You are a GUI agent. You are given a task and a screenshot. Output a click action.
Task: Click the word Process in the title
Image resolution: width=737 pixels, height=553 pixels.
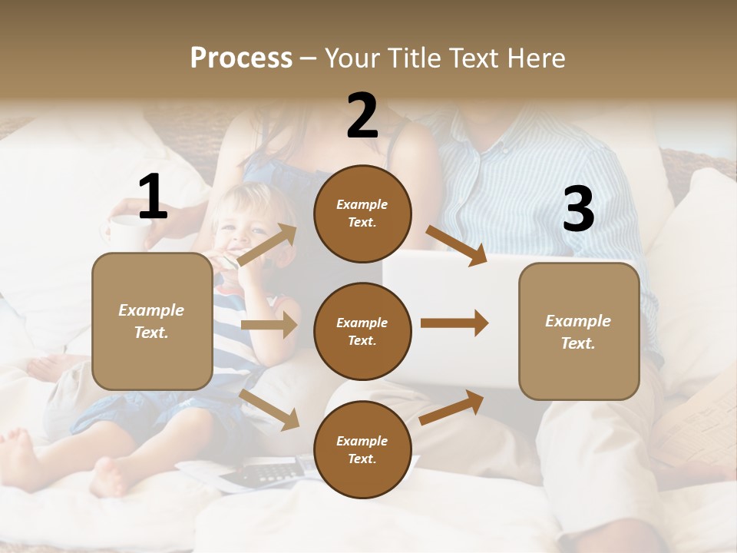coord(241,58)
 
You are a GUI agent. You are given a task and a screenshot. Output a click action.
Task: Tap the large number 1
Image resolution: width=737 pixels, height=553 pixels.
coord(153,197)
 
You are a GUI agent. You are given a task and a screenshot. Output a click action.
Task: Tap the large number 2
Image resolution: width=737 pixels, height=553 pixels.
coord(362,115)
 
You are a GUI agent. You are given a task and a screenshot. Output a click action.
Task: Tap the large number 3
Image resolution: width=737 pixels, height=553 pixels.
coord(578,210)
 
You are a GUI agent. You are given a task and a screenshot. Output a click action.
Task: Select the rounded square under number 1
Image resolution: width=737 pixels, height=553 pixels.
coord(152,321)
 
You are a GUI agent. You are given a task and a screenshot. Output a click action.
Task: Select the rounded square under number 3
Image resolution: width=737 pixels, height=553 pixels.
coord(579,331)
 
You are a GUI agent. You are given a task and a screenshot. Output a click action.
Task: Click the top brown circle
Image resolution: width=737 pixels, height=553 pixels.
coord(362,214)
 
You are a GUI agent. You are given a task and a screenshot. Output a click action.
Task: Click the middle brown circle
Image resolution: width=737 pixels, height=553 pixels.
coord(362,331)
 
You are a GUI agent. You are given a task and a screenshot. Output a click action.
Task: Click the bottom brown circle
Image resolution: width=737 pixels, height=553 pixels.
coord(362,449)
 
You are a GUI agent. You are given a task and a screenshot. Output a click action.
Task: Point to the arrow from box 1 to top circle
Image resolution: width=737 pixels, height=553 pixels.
coord(268,245)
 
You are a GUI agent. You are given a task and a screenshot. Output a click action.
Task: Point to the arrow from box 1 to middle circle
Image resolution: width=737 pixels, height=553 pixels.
coord(269,325)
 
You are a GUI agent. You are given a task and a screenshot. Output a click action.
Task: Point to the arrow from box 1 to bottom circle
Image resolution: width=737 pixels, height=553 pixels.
coord(269,409)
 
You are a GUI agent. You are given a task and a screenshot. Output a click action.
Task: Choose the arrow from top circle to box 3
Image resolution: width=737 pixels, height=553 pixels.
coord(456,246)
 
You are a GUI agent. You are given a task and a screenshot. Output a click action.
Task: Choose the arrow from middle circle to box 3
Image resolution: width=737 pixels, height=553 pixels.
coord(454,323)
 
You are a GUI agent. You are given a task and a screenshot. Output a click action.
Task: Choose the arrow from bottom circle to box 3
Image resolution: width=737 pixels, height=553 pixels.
coord(451,408)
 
